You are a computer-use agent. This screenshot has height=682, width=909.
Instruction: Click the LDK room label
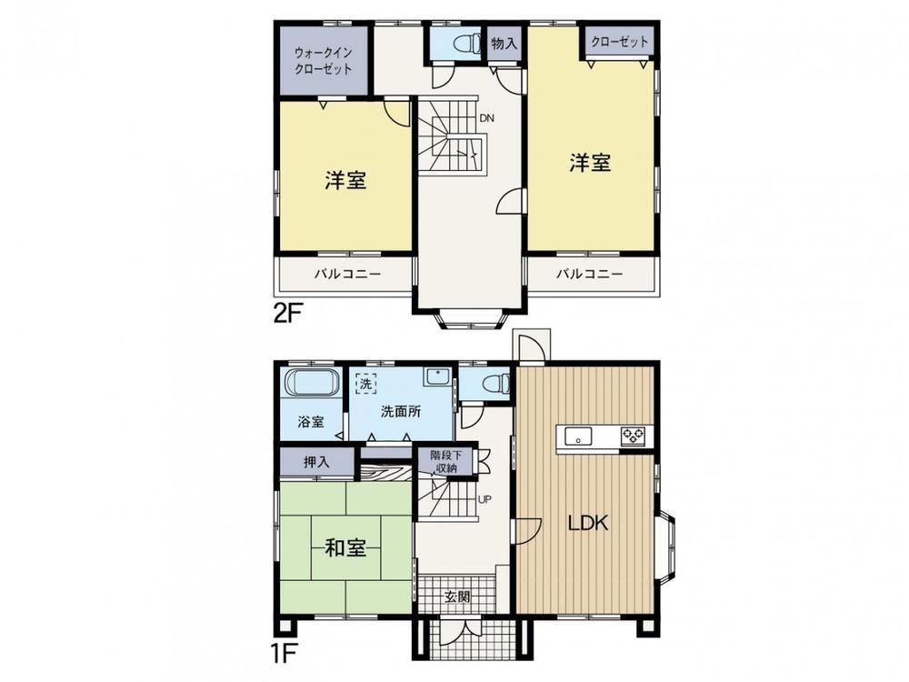(587, 523)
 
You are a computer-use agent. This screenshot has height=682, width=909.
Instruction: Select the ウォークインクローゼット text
(324, 61)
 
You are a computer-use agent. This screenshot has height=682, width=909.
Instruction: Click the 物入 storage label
(504, 43)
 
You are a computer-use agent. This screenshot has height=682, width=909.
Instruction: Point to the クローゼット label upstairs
(620, 42)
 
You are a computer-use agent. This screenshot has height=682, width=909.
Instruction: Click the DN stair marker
(486, 118)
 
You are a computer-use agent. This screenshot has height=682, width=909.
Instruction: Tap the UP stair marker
(484, 498)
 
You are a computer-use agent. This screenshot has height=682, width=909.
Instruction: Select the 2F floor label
(288, 314)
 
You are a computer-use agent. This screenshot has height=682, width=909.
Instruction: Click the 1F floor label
(285, 655)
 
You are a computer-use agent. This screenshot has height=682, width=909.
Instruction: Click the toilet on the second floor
(466, 44)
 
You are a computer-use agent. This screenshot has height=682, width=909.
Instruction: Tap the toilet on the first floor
(496, 383)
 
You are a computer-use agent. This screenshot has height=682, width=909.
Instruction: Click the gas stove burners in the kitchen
(633, 436)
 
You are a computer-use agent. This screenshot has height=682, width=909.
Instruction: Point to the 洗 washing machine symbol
(365, 384)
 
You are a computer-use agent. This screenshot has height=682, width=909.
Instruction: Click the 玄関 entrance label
(457, 597)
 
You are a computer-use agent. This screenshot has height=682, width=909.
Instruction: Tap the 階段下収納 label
(446, 462)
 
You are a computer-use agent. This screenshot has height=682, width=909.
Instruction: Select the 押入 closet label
(316, 462)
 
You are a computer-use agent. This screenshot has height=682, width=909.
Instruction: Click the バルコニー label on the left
(348, 274)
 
